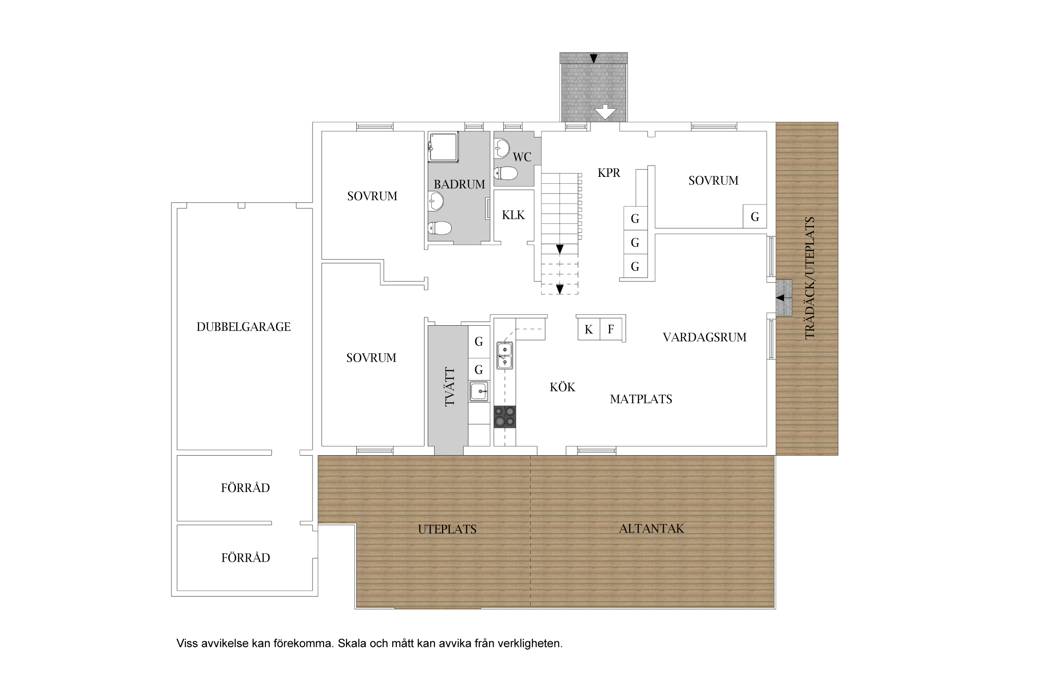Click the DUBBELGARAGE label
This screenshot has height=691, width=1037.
tap(243, 327)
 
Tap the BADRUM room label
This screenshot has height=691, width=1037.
tap(460, 184)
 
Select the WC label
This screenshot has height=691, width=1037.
tap(522, 157)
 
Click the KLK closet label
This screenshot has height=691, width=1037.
tap(513, 215)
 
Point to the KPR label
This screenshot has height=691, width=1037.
tap(609, 173)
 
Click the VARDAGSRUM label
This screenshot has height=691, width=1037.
tap(705, 337)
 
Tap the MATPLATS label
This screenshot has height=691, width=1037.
tap(641, 399)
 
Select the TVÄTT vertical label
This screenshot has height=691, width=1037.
tap(449, 387)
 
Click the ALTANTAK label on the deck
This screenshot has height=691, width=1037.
tap(651, 528)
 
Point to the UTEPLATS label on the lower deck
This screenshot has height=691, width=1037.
tap(447, 529)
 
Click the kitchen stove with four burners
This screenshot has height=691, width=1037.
tap(505, 417)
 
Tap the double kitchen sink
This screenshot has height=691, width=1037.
tap(505, 356)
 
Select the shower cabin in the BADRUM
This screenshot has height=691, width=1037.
tap(443, 147)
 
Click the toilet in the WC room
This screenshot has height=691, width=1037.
tap(506, 173)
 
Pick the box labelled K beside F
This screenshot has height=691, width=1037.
tap(589, 329)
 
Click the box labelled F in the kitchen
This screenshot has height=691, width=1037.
tap(611, 329)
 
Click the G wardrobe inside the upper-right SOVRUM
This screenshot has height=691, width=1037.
tap(754, 217)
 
